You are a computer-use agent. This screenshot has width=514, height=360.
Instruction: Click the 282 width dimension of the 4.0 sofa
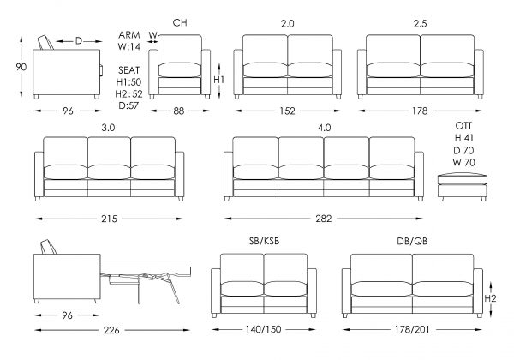point(324,219)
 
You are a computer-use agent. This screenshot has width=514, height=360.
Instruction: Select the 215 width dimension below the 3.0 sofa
point(109,219)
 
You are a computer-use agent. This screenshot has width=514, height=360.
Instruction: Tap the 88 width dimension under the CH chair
point(179,111)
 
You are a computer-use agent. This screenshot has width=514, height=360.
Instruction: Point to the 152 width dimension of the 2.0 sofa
point(288,111)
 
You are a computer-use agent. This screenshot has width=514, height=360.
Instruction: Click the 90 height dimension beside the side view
point(21,67)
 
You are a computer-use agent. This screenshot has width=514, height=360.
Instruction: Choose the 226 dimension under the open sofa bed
point(111,330)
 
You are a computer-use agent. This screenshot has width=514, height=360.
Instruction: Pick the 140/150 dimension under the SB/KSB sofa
point(264,329)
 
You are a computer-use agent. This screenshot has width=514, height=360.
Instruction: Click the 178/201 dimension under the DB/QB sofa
point(412,329)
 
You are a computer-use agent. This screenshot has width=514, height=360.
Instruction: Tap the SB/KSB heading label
point(264,241)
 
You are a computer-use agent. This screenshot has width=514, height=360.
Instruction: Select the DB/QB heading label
point(412,241)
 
